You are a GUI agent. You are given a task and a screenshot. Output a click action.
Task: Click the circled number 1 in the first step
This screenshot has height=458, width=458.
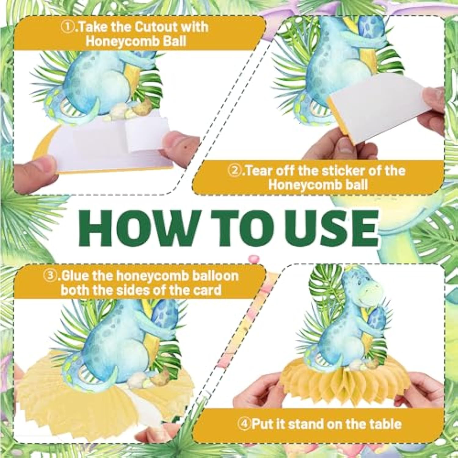(67, 27)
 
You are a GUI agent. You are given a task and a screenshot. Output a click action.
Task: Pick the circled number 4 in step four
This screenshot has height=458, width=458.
(244, 424)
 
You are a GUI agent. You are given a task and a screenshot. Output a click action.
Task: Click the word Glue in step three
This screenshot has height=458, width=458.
(75, 276)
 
